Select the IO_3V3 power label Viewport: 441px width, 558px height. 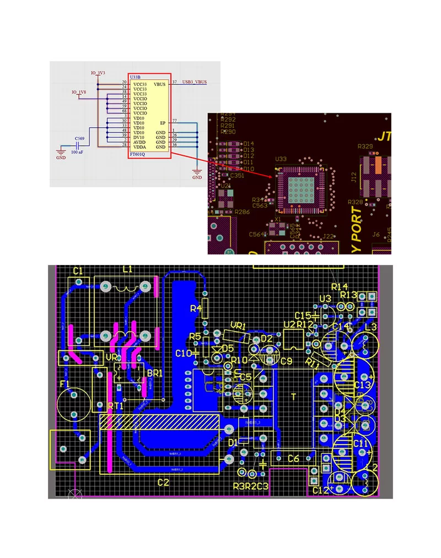[98, 73]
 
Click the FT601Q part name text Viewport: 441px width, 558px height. [138, 155]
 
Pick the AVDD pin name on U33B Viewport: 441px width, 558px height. [139, 142]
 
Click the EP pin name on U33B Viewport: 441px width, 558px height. [163, 122]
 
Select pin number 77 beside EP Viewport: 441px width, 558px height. [175, 120]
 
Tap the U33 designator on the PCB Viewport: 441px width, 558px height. [281, 159]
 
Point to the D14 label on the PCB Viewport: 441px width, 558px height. [249, 144]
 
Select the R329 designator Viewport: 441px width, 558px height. [365, 147]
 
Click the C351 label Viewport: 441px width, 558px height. [236, 175]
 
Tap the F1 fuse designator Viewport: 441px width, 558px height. [64, 384]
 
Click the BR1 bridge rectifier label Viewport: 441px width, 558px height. [155, 373]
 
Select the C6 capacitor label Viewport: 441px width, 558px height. [294, 459]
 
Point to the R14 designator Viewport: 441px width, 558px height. [340, 287]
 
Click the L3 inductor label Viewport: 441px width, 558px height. [371, 327]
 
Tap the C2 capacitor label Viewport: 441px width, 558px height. [163, 483]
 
